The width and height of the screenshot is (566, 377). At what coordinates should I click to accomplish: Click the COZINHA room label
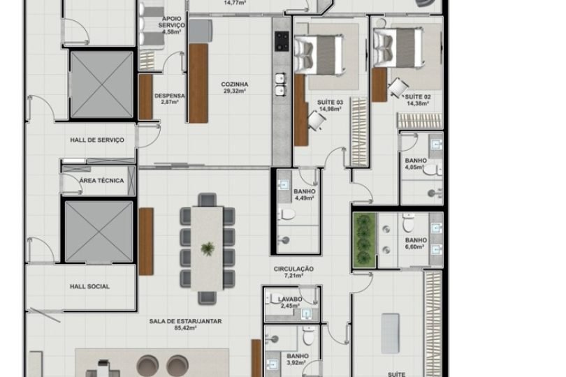pos(235,84)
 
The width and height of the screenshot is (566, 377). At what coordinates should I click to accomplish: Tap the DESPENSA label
pos(169,96)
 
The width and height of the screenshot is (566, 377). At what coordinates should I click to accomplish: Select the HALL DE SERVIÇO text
pos(97,140)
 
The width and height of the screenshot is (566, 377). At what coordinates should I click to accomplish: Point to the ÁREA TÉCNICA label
pos(101,181)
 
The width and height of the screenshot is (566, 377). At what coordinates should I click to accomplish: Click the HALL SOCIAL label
pos(89,286)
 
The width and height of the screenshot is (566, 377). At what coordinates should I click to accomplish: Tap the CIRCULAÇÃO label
pos(293,269)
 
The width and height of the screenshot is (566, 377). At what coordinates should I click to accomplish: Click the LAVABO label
pos(291,299)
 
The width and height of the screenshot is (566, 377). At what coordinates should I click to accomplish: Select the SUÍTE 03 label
pos(331,103)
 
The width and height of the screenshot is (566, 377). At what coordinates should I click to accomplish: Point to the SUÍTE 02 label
pos(417,97)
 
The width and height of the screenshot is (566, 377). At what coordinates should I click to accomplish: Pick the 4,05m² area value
pos(415,168)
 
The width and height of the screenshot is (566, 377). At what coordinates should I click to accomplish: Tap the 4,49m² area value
pos(305,198)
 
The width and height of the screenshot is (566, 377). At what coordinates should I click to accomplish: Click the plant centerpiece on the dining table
pos(208,248)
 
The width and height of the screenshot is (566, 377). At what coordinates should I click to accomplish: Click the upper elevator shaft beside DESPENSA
pos(101,84)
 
